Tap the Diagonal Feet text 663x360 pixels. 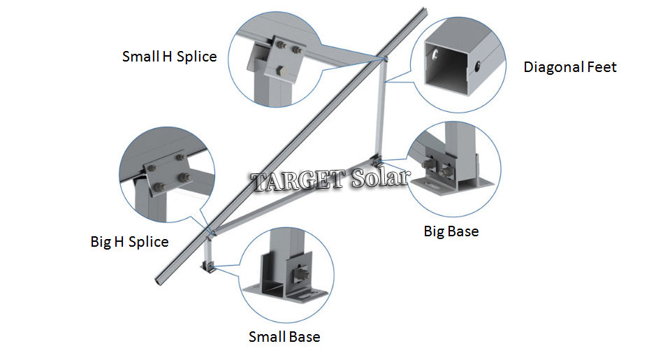click(570, 67)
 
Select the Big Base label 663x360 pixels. click(451, 232)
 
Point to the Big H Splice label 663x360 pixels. click(129, 242)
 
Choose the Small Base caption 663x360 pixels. click(284, 337)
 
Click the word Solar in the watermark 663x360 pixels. click(380, 178)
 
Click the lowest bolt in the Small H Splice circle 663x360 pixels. click(280, 71)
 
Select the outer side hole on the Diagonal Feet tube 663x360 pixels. click(478, 66)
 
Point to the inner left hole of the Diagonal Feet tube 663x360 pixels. click(435, 53)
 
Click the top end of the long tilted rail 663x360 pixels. click(424, 10)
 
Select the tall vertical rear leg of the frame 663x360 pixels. click(380, 108)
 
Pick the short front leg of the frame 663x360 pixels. click(207, 251)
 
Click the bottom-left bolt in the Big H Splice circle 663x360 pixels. click(160, 187)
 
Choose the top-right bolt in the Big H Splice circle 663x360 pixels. click(180, 158)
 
